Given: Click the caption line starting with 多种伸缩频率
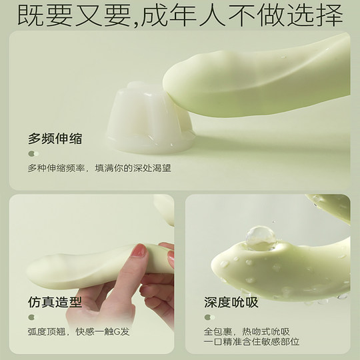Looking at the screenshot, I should click(99, 169).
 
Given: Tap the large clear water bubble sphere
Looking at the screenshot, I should click(259, 239).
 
